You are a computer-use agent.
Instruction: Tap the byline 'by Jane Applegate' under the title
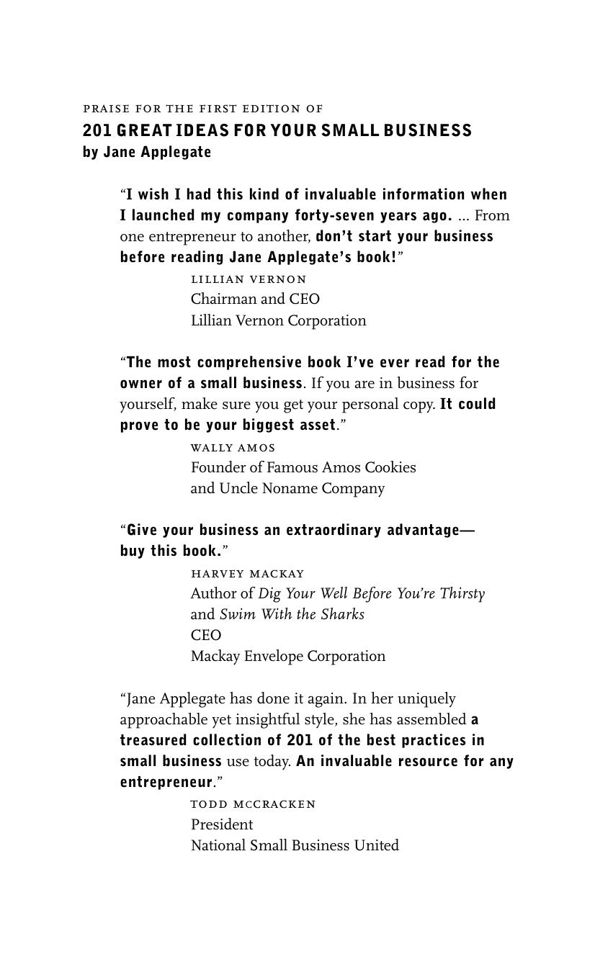[147, 152]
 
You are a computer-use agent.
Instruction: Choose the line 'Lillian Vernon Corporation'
[278, 320]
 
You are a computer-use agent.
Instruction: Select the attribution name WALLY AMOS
[233, 448]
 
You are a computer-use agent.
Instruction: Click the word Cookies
[390, 467]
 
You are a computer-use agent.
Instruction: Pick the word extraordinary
[334, 530]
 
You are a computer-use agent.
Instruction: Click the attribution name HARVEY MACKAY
[247, 574]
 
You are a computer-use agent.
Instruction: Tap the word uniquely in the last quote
[426, 698]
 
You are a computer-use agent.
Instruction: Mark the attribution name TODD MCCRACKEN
[253, 804]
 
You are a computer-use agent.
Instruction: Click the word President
[222, 824]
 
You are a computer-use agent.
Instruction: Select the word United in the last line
[376, 845]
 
